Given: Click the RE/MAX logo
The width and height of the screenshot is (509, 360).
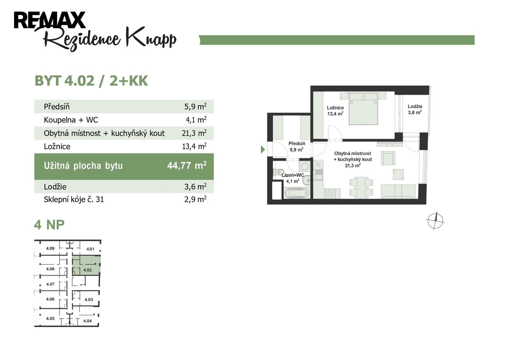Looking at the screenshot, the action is tap(50, 20).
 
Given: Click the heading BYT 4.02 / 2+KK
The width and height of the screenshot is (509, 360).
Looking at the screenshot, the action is tap(91, 81).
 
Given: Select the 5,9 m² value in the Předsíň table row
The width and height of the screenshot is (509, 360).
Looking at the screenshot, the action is tap(195, 106).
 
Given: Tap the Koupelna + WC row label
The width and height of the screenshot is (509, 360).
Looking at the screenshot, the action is tap(71, 120).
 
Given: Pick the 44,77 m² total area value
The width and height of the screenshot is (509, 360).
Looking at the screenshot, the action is tap(187, 165).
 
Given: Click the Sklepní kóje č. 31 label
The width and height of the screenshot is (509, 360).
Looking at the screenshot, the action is tap(74, 200).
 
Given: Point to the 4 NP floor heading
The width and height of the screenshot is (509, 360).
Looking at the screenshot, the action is tap(49, 225).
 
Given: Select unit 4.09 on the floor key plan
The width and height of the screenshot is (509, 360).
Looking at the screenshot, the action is tap(50, 248).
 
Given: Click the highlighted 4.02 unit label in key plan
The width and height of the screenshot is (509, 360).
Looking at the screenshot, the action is tap(87, 270).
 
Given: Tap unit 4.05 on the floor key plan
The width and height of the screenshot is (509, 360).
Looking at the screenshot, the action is tap(50, 318).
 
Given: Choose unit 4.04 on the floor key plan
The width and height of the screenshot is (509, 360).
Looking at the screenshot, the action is tap(87, 321).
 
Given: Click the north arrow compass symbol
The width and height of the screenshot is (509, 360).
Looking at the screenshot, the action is tap(436, 221).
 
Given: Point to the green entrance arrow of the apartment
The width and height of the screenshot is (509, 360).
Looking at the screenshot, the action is tap(263, 149).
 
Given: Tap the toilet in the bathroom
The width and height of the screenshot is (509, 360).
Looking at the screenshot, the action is tap(278, 172).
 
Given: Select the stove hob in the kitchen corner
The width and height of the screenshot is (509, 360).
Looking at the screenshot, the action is tap(330, 194).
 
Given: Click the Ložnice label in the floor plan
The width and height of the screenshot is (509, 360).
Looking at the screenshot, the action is tap(335, 108).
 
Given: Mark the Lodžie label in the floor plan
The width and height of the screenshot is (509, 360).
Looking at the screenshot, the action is tap(415, 106).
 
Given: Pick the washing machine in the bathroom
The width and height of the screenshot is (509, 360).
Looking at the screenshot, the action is tap(304, 167).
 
